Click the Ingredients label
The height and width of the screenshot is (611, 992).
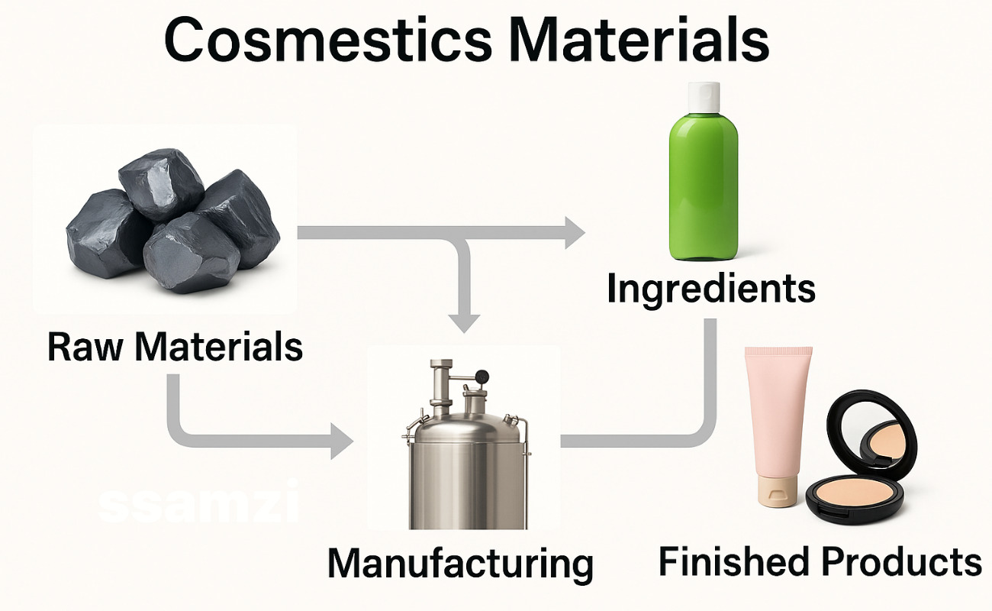[711, 290]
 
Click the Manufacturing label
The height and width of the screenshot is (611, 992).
[460, 564]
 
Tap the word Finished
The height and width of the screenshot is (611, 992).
[733, 561]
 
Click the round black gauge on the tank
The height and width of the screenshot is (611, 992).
[482, 375]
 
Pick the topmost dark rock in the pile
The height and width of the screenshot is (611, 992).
[161, 183]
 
